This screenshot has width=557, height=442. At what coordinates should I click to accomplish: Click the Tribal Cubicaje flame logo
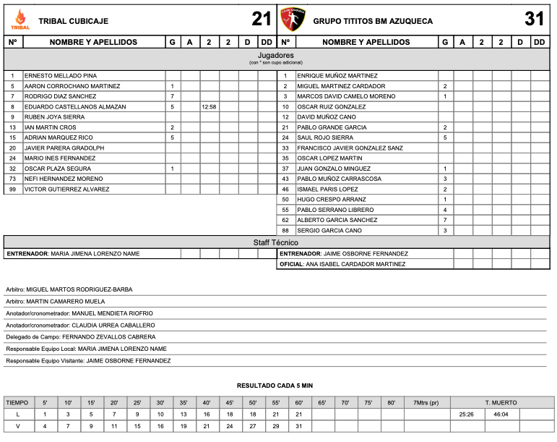20,20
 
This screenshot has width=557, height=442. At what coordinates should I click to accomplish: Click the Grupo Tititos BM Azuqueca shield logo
293,20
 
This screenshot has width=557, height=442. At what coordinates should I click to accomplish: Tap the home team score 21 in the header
262,20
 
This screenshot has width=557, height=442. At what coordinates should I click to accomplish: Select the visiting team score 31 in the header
535,20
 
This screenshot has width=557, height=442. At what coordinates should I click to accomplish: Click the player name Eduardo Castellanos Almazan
75,106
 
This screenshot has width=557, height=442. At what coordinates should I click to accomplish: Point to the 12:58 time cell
209,106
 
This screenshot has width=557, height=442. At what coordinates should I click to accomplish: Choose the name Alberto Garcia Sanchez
337,220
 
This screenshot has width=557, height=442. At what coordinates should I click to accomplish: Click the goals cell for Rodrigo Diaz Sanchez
173,96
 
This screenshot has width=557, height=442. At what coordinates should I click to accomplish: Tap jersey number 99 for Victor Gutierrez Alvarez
13,189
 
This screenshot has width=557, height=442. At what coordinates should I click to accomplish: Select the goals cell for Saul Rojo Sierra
445,137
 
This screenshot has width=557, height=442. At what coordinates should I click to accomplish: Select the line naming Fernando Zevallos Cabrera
80,336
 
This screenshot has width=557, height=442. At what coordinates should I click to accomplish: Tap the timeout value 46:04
501,415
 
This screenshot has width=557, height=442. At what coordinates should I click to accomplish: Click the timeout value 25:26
466,415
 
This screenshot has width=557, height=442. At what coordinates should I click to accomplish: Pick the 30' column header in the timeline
160,402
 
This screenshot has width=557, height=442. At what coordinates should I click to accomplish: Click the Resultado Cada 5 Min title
275,386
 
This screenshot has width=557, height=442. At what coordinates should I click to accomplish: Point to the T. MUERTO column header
501,402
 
